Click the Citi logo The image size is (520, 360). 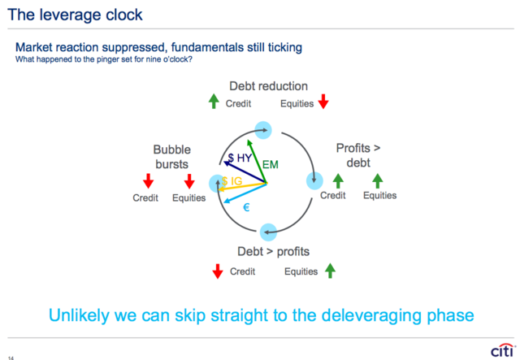click(503, 350)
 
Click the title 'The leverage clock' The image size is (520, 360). click(75, 15)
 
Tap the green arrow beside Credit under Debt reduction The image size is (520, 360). click(214, 102)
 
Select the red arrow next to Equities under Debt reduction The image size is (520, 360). click(323, 102)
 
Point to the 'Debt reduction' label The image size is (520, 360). click(269, 86)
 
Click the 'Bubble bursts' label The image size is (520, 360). click(171, 157)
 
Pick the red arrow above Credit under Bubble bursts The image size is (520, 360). click(148, 181)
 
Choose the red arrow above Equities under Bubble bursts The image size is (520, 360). click(189, 181)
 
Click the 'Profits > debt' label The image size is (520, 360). click(358, 155)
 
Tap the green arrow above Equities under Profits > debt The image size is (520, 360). click(377, 181)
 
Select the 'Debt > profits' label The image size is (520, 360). click(273, 251)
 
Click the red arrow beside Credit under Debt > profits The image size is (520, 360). click(218, 271)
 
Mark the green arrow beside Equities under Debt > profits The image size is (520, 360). click(330, 271)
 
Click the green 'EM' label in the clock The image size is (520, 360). click(271, 165)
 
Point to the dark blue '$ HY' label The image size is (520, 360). click(240, 158)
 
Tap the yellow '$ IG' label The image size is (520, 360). click(232, 181)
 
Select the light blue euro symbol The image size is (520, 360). click(246, 208)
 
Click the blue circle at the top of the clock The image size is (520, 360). click(263, 130)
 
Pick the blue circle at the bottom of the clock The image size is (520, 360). click(268, 232)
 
